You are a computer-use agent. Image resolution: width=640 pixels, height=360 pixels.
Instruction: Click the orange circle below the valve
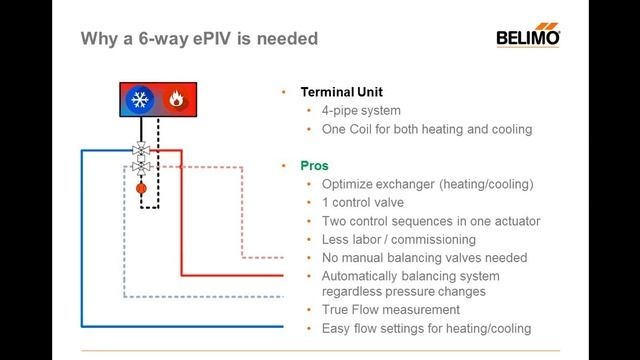tap(141, 187)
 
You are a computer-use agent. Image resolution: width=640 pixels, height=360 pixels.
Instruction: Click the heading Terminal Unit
tap(343, 92)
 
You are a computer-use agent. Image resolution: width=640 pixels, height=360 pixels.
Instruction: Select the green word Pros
tap(315, 165)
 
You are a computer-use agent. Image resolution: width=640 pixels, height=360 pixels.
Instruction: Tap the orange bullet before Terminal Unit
tap(285, 92)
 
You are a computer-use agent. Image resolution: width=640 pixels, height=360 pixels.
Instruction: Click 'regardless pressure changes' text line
tap(404, 292)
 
